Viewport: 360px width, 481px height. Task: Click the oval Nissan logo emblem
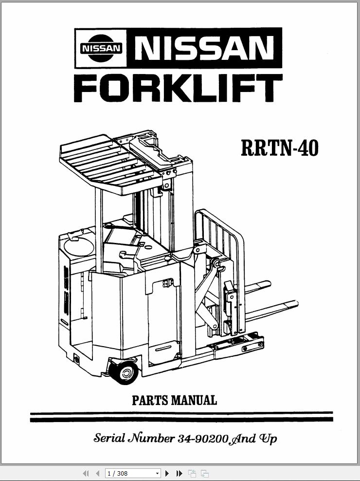point(101,48)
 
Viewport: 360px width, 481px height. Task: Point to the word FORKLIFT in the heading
point(178,88)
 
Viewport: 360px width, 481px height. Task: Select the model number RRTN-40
point(280,148)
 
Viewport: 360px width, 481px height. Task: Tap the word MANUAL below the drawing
point(194,400)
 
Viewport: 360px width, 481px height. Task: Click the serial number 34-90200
point(203,439)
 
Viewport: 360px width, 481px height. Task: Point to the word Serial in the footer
point(109,438)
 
